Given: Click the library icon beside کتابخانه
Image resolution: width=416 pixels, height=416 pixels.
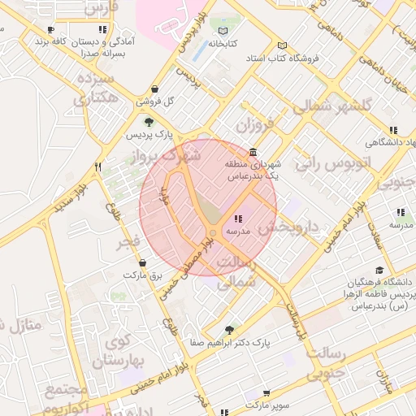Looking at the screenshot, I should pos(223,31).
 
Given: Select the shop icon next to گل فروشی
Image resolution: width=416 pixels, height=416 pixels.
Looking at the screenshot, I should pos(154,89).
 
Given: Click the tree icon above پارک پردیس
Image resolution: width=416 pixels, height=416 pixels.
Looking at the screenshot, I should pos(148,122).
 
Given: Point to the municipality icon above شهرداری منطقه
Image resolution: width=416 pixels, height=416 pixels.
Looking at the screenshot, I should pos(254,153).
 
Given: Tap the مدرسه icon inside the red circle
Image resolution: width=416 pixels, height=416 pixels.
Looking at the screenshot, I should pos(238,219).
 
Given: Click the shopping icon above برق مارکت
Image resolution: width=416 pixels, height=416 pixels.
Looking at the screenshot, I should pos(144,263).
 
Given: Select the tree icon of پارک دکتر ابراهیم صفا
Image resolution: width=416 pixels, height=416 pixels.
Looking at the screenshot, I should pos(229,330).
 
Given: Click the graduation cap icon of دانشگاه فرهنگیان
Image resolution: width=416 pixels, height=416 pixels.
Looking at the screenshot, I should pos(379,271).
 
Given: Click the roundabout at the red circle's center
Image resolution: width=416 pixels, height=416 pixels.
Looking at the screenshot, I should pos(212,233).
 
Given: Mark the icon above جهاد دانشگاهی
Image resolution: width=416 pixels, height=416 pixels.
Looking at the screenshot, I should pos(393,130).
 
